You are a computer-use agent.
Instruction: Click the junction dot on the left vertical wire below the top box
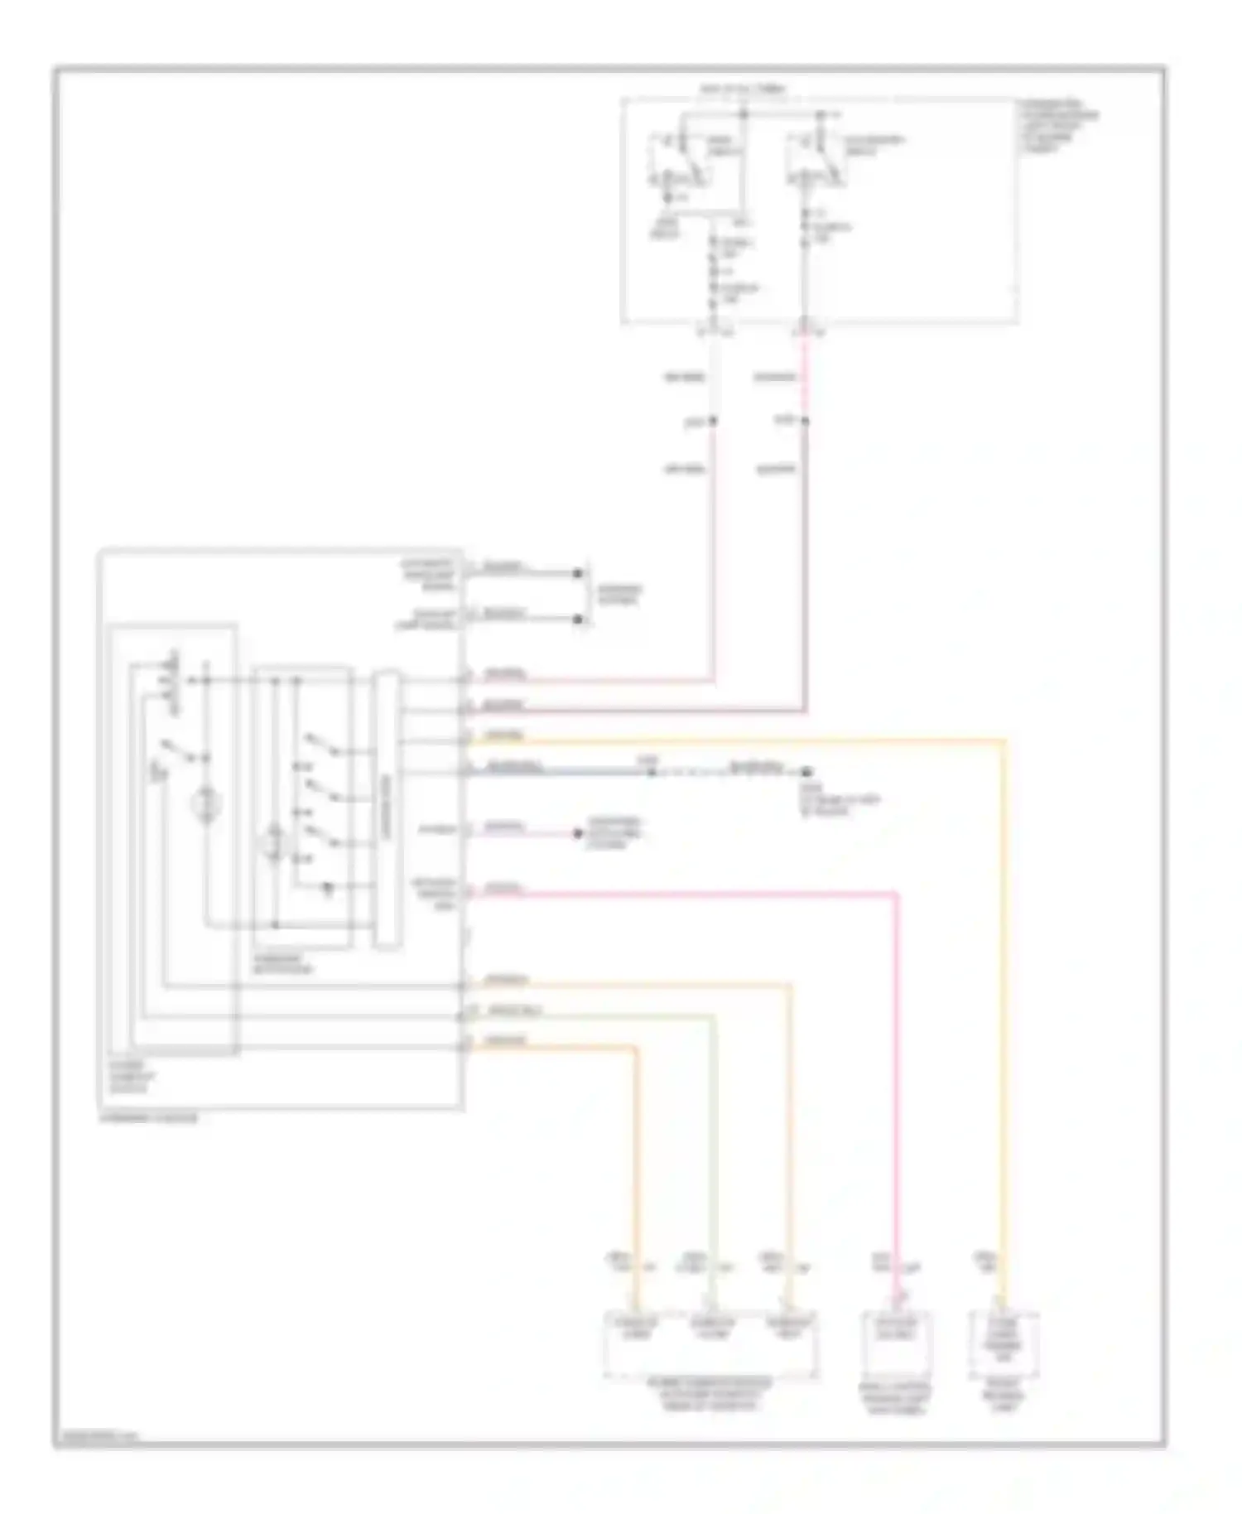[713, 421]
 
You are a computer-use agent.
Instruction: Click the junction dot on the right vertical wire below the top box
[805, 421]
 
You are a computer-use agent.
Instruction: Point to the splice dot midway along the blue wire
[651, 771]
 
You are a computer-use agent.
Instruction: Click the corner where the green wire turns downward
[713, 1017]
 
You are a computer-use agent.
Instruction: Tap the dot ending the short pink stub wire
[579, 832]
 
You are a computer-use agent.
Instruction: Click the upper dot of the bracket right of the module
[578, 572]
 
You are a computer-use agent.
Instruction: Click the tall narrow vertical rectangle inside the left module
[386, 809]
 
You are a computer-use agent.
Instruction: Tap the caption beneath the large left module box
[149, 1118]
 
